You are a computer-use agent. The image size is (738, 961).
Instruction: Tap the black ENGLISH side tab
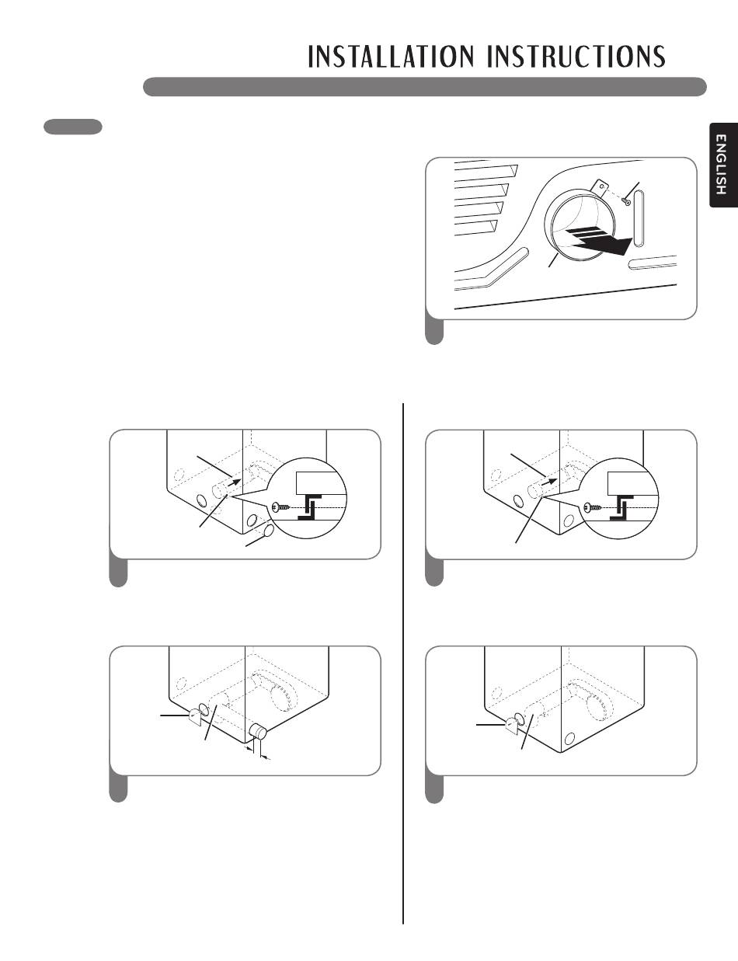pos(723,165)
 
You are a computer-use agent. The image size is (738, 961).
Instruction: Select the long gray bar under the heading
pos(424,87)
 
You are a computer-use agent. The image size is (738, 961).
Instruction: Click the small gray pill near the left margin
pos(73,127)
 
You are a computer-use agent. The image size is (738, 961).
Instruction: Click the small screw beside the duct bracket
pos(626,202)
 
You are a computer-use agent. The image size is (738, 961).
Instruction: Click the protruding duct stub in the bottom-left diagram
pos(258,733)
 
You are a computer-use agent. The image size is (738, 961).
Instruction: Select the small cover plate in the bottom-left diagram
pos(196,716)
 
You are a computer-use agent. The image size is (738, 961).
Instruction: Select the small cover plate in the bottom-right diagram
pos(512,724)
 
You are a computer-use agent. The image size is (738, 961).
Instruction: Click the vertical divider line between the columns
pos(403,663)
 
